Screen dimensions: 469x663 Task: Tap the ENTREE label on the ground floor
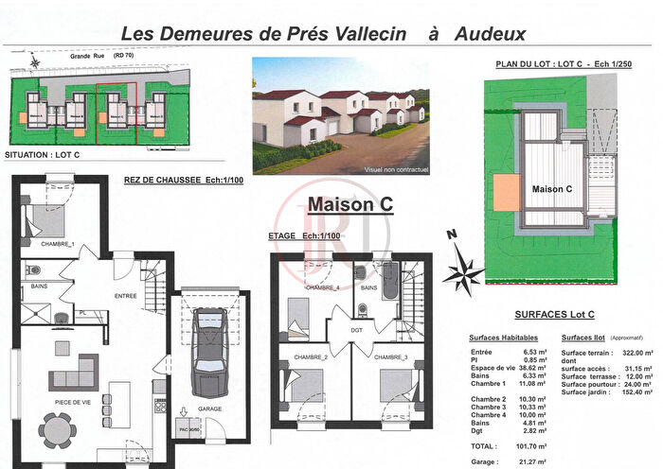[x=126, y=295]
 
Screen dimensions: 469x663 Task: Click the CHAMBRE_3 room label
[x=389, y=357]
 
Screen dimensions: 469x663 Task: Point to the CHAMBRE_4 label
[x=322, y=287]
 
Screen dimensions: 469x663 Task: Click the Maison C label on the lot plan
[x=552, y=188]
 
